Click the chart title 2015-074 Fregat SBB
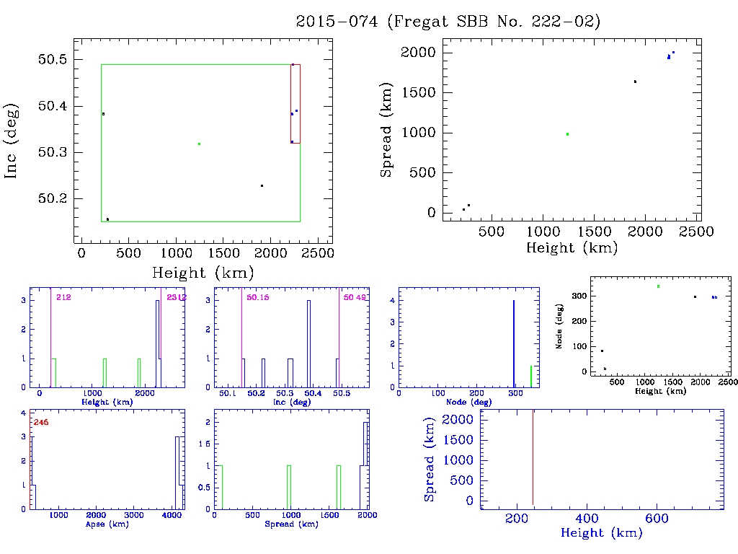(448, 22)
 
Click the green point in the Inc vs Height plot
(199, 144)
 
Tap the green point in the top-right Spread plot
(567, 133)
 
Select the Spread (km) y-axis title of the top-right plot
(387, 132)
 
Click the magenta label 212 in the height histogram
(63, 297)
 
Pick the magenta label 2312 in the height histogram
(176, 297)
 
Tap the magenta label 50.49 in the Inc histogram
(354, 297)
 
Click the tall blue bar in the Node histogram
(513, 343)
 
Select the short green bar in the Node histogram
(531, 376)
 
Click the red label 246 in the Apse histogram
(40, 422)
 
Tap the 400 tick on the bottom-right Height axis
(587, 518)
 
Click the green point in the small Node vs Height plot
(658, 286)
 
